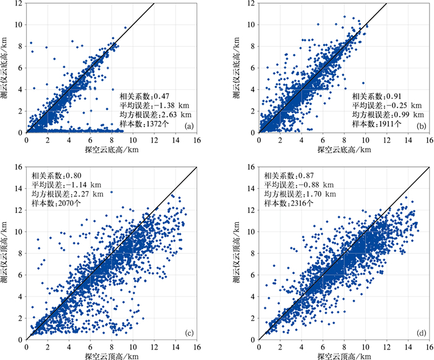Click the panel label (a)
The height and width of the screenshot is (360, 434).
click(x=185, y=125)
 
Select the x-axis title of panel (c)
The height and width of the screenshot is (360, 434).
click(x=112, y=356)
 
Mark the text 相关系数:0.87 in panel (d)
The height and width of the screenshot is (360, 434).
click(x=291, y=175)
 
